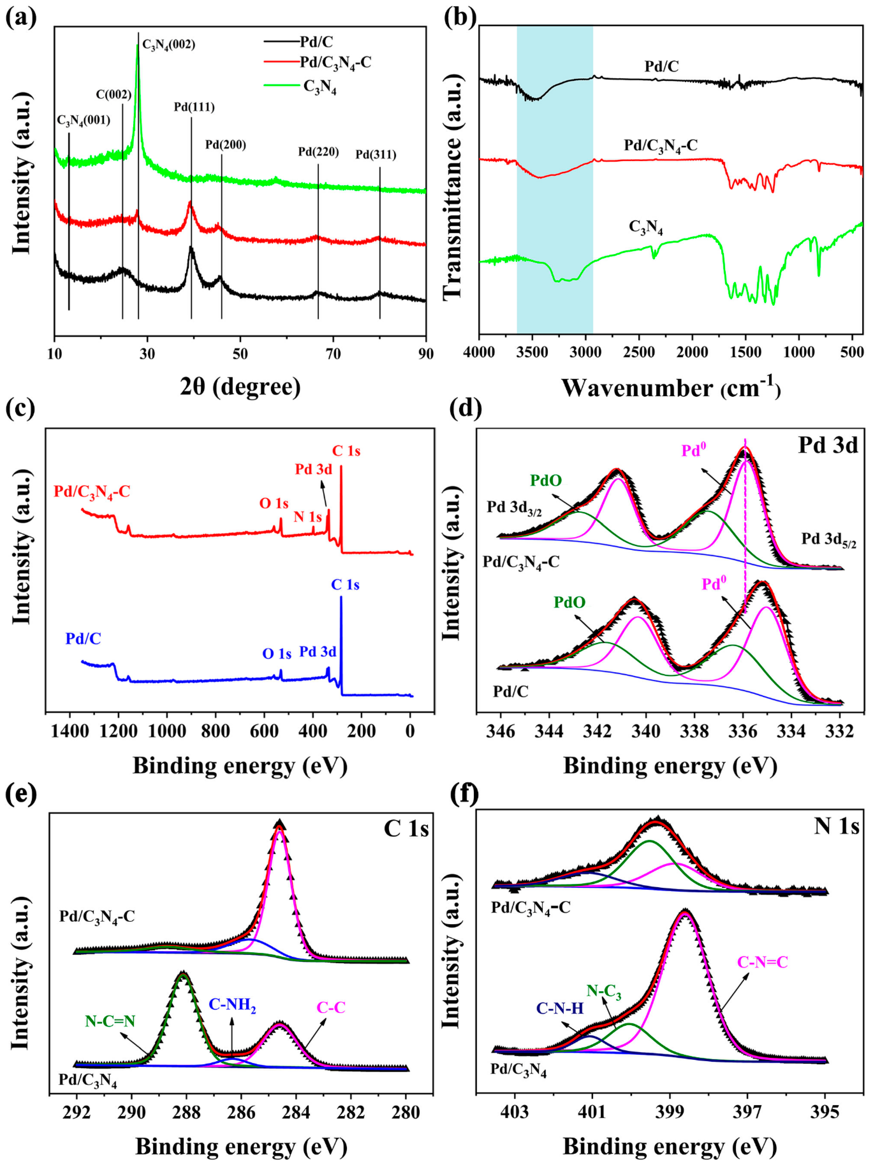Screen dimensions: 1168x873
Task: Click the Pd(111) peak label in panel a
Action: pyautogui.click(x=194, y=107)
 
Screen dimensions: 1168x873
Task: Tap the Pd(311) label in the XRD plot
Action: pyautogui.click(x=375, y=155)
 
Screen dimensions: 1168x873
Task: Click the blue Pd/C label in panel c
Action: pyautogui.click(x=83, y=639)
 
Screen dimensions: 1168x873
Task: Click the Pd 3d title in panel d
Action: pyautogui.click(x=828, y=445)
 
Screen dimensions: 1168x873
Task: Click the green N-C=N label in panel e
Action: pyautogui.click(x=110, y=1021)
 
